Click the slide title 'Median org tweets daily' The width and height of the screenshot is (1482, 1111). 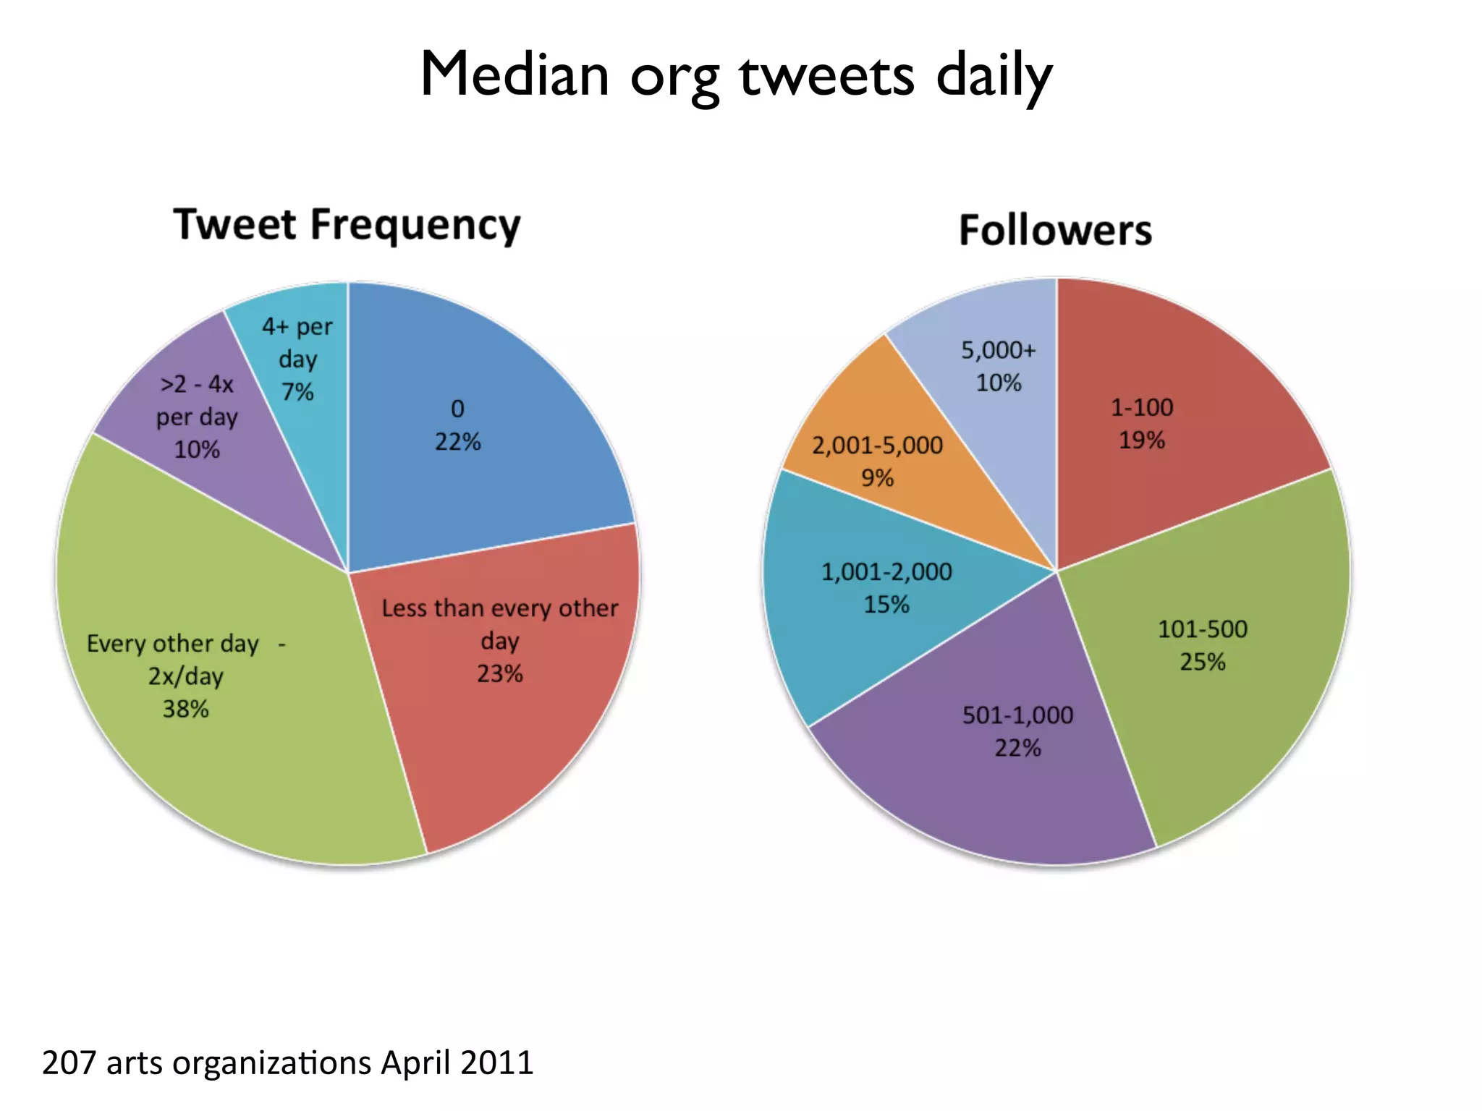click(736, 75)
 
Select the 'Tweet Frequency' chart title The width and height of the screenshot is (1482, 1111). click(347, 225)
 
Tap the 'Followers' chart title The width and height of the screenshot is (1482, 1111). click(1055, 231)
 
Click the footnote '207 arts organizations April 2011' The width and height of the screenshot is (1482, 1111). click(287, 1063)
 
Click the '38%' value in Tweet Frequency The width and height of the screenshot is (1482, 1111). click(186, 710)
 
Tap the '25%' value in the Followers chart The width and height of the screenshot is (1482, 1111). click(1203, 663)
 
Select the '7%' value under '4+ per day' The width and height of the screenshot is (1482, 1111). click(297, 392)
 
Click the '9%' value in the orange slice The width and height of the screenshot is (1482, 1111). click(877, 478)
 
